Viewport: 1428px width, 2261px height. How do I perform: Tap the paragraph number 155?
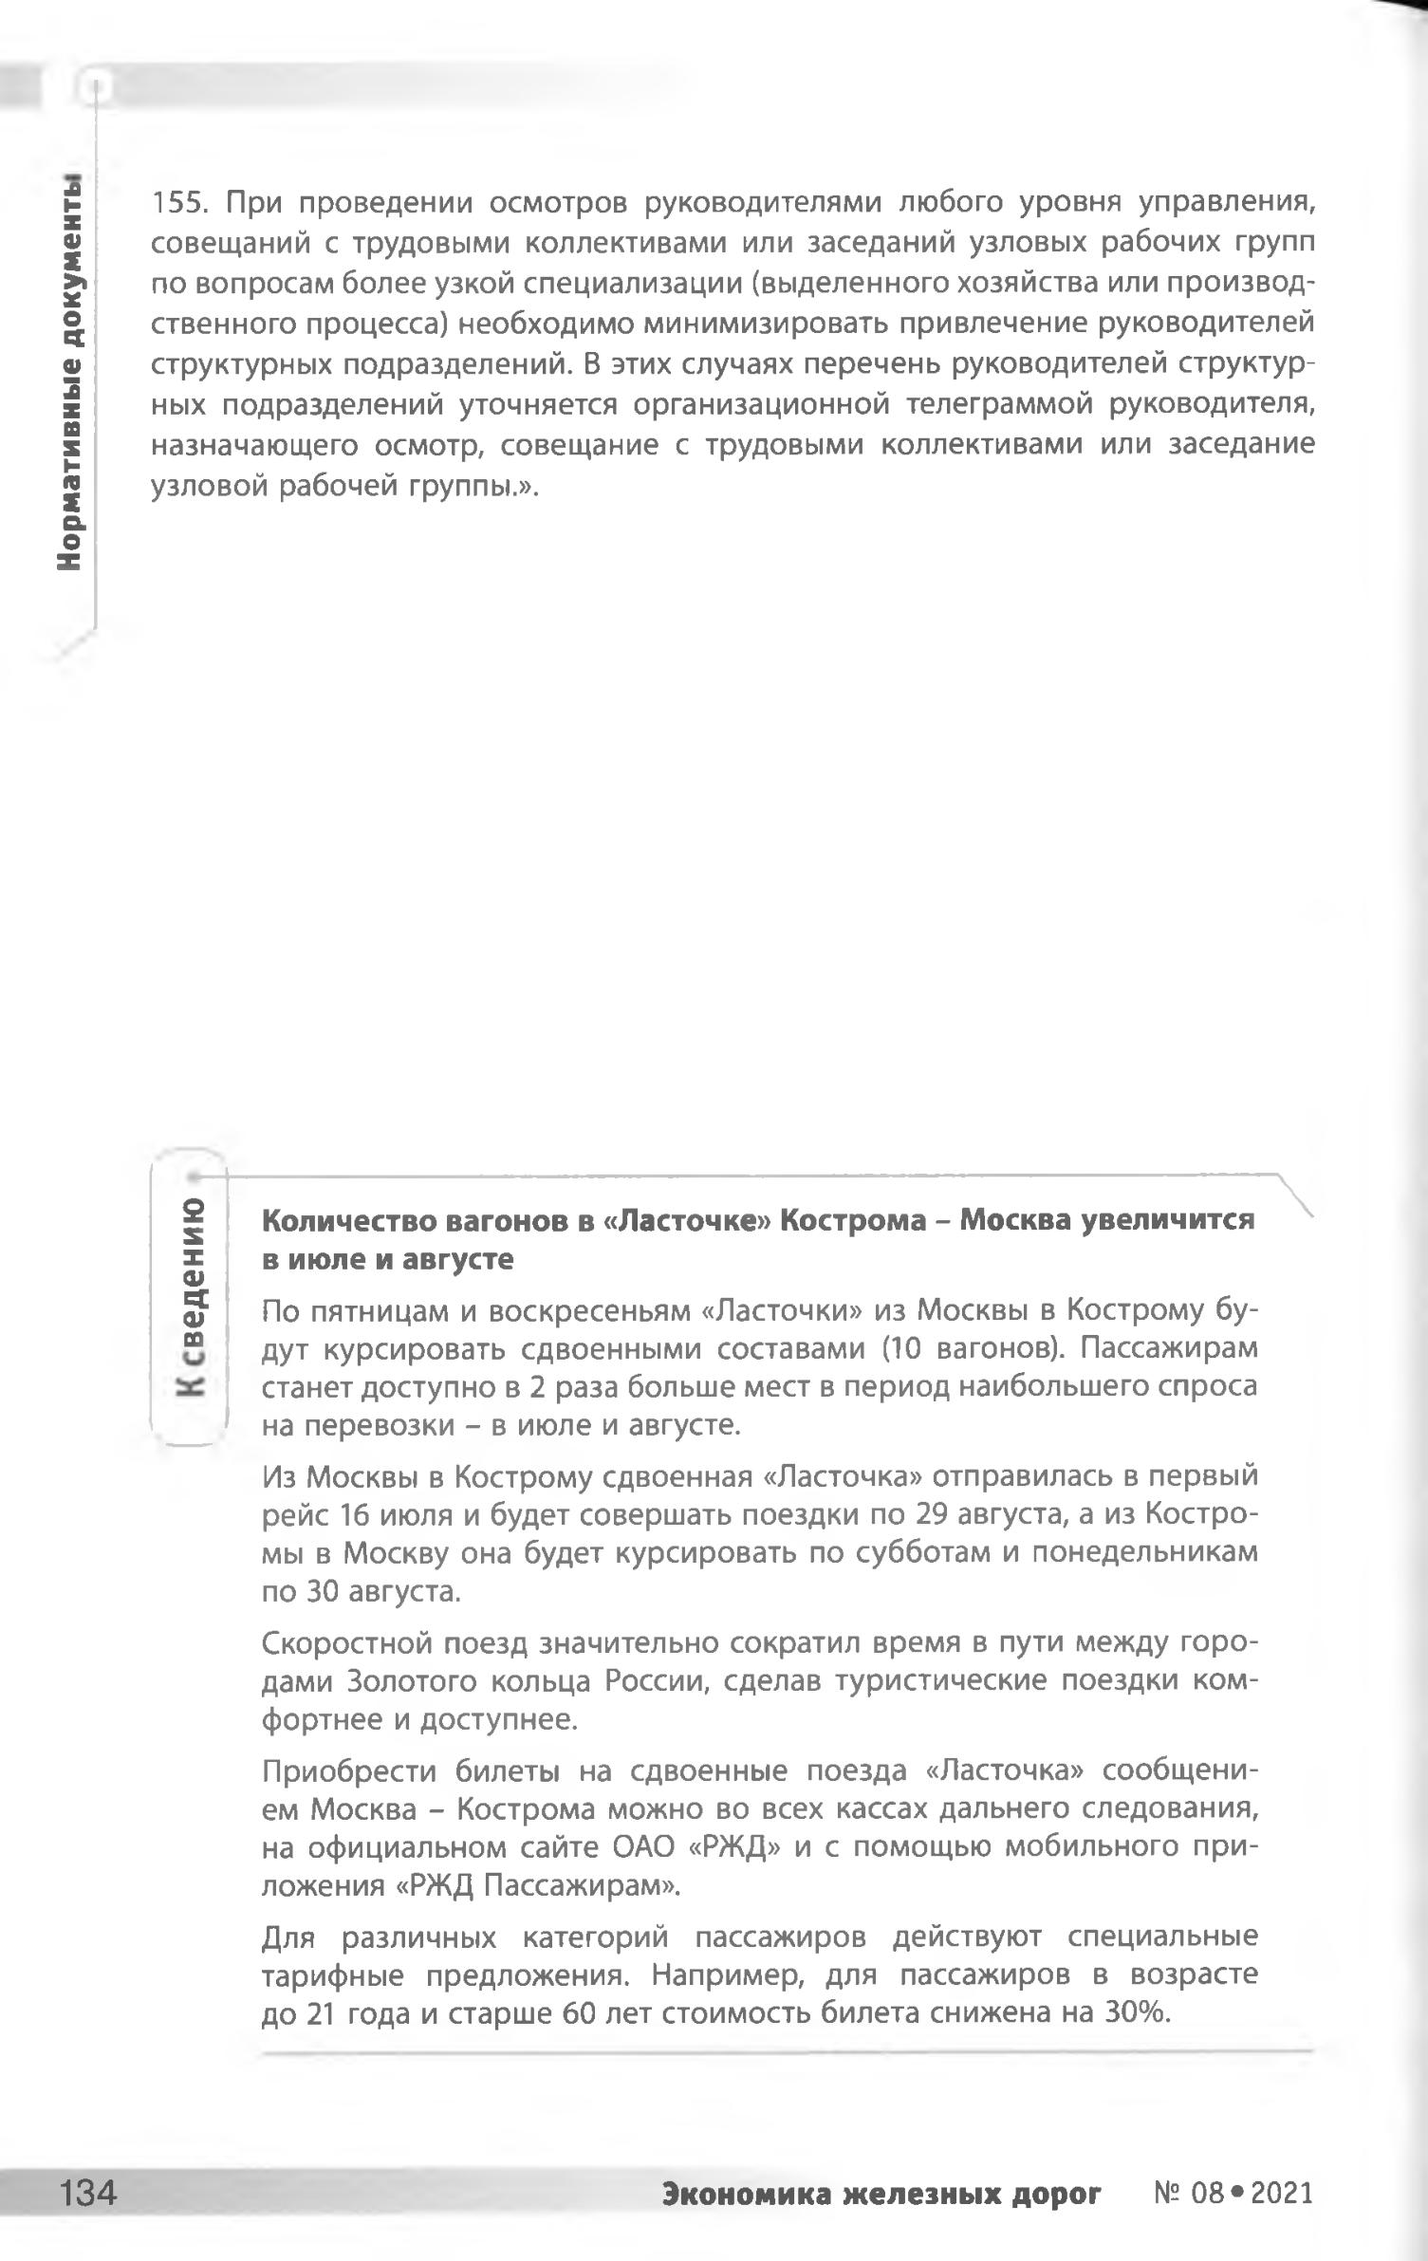pos(184,203)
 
